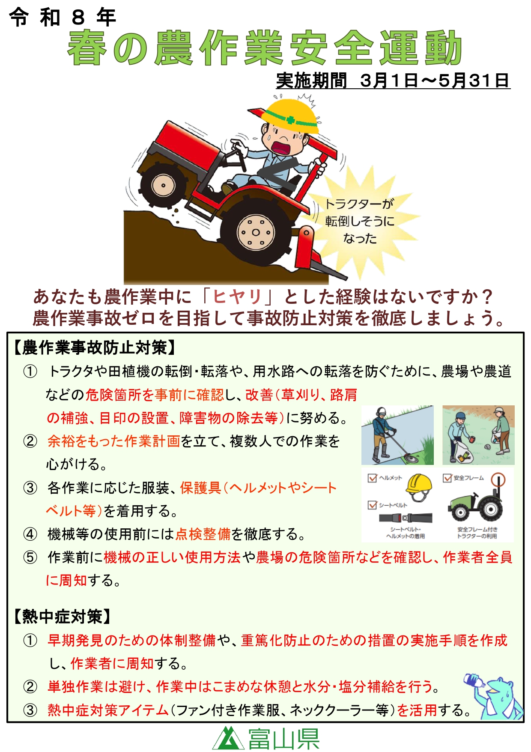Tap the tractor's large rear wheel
tap(256, 232)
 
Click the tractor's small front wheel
tap(163, 185)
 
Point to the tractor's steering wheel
tap(238, 156)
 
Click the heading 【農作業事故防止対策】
tap(94, 347)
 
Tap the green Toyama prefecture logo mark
tap(228, 737)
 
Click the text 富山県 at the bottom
tap(284, 738)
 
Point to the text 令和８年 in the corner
tap(63, 18)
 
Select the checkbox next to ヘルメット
tap(372, 477)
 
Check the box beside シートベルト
tap(372, 505)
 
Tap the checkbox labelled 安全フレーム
tap(447, 477)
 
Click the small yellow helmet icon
tap(419, 487)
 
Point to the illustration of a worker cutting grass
tap(397, 435)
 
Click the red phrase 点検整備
tap(203, 534)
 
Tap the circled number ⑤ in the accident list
tap(30, 557)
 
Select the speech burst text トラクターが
tap(359, 204)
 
